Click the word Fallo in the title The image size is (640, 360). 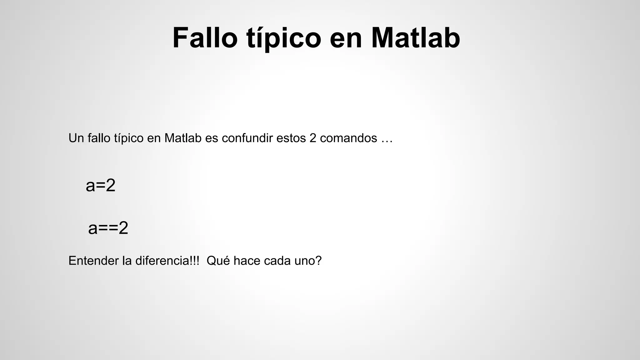click(205, 38)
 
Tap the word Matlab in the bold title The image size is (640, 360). click(416, 38)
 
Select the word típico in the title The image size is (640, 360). click(284, 38)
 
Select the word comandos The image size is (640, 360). click(348, 138)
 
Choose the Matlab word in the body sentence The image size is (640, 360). click(183, 138)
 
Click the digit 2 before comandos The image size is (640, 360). click(313, 138)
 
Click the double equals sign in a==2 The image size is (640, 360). click(108, 228)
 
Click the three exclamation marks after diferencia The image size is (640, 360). click(194, 261)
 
